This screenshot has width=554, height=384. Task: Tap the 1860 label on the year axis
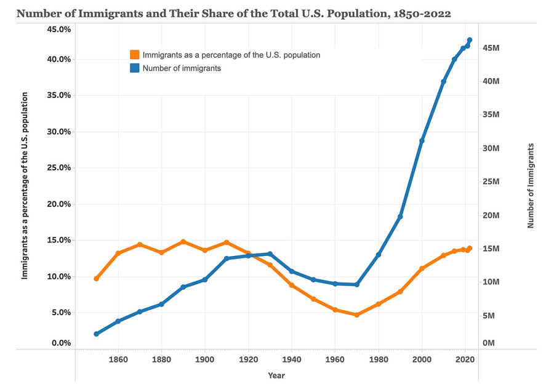[x=118, y=359]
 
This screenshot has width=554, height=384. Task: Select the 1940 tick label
[x=292, y=359]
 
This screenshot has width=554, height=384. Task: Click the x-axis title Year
[x=276, y=375]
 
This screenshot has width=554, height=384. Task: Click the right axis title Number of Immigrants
[x=531, y=185]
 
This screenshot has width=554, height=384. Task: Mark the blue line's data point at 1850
[x=97, y=334]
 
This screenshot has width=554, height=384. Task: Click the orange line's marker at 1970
[x=357, y=314]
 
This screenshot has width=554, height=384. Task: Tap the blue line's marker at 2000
[x=422, y=141]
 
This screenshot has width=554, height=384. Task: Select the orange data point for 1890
[x=183, y=242]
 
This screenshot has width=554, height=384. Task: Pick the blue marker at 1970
[x=357, y=284]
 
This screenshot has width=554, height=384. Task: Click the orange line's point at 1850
[x=97, y=279]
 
